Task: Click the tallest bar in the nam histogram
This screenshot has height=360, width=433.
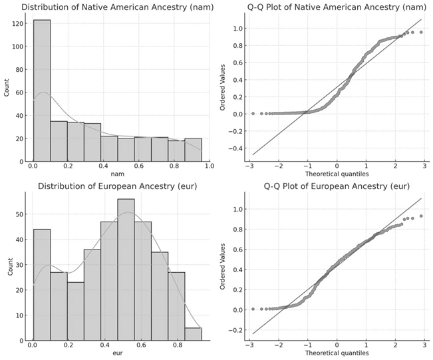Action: tap(41, 90)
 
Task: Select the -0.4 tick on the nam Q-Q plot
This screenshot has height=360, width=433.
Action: tap(232, 148)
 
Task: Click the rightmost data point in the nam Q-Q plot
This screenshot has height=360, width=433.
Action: tap(421, 32)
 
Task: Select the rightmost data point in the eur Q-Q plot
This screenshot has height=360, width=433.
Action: tap(421, 216)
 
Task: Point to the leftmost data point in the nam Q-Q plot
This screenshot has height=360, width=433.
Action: tap(253, 114)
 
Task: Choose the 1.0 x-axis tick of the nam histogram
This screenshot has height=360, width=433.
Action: tap(210, 168)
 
